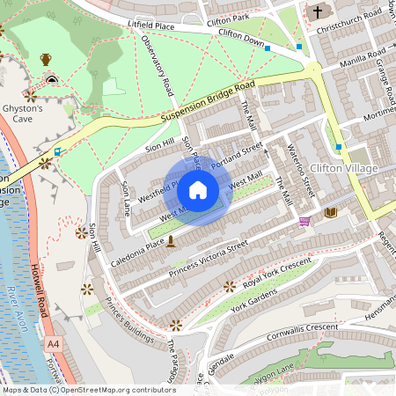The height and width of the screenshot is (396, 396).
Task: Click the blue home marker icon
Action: pos(198,190)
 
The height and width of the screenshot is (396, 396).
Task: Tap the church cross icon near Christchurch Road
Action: pos(318,12)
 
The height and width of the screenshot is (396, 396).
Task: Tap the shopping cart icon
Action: pos(305,221)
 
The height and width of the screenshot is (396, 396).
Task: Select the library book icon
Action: pos(331,212)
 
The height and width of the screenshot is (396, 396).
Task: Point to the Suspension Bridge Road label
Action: pos(209,102)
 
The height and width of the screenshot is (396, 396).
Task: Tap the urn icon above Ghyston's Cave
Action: pos(46,59)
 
